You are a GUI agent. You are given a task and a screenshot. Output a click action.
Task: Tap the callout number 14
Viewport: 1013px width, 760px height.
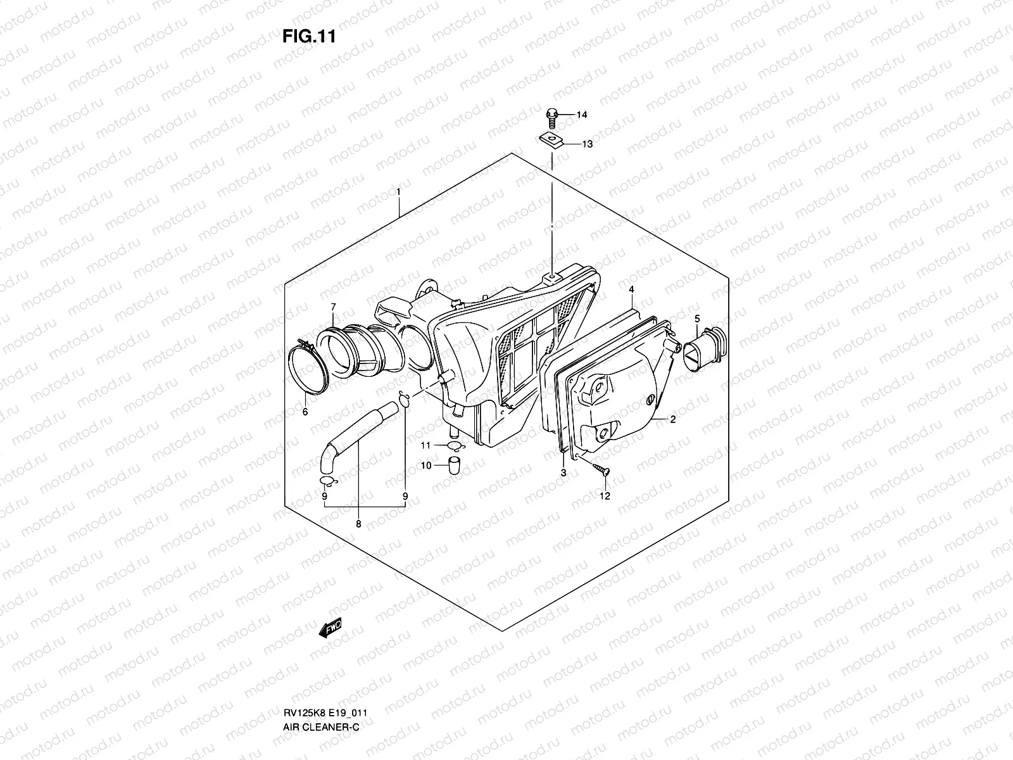pyautogui.click(x=581, y=115)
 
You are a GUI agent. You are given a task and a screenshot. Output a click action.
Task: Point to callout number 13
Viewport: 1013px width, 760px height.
pyautogui.click(x=587, y=144)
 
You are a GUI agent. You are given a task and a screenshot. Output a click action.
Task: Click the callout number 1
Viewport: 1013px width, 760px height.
pyautogui.click(x=398, y=191)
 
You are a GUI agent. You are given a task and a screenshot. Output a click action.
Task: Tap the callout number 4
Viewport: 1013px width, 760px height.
pyautogui.click(x=631, y=289)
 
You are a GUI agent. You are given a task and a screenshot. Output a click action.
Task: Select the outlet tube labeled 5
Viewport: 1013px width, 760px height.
pyautogui.click(x=705, y=346)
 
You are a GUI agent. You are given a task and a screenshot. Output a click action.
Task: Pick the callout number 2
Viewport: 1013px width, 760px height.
pyautogui.click(x=672, y=419)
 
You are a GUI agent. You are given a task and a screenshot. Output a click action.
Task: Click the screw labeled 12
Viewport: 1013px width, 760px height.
pyautogui.click(x=600, y=469)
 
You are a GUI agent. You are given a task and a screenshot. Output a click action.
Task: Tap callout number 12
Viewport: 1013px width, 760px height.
pyautogui.click(x=605, y=496)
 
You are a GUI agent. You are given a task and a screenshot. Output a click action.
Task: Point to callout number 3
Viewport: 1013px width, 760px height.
pyautogui.click(x=563, y=473)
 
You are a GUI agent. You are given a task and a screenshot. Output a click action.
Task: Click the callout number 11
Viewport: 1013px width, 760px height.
pyautogui.click(x=427, y=446)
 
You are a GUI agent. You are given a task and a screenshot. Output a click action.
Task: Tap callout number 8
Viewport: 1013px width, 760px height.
pyautogui.click(x=358, y=524)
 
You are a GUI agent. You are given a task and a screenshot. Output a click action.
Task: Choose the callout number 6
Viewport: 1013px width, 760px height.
pyautogui.click(x=305, y=412)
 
